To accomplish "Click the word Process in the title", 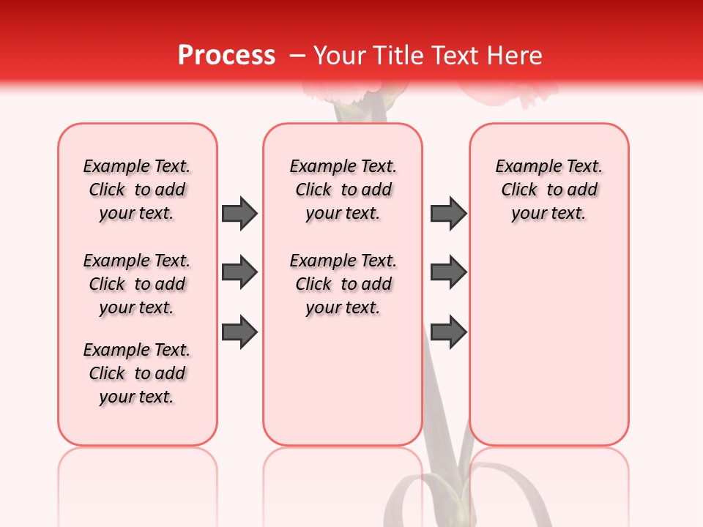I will tap(226, 56).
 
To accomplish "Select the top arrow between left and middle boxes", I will tap(239, 214).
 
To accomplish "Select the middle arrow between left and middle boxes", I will tap(239, 273).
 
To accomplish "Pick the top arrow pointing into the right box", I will tap(448, 214).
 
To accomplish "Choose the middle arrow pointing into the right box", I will tap(448, 273).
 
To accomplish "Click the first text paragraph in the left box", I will tap(137, 190).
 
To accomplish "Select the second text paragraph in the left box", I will tap(137, 284).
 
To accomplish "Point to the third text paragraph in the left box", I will tap(137, 373).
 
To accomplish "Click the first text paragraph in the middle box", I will tap(343, 190).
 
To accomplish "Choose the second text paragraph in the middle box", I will tap(343, 284).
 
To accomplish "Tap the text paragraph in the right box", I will tap(548, 190).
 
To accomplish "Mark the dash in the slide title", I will tap(297, 56).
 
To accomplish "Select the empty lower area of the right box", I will tap(548, 344).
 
